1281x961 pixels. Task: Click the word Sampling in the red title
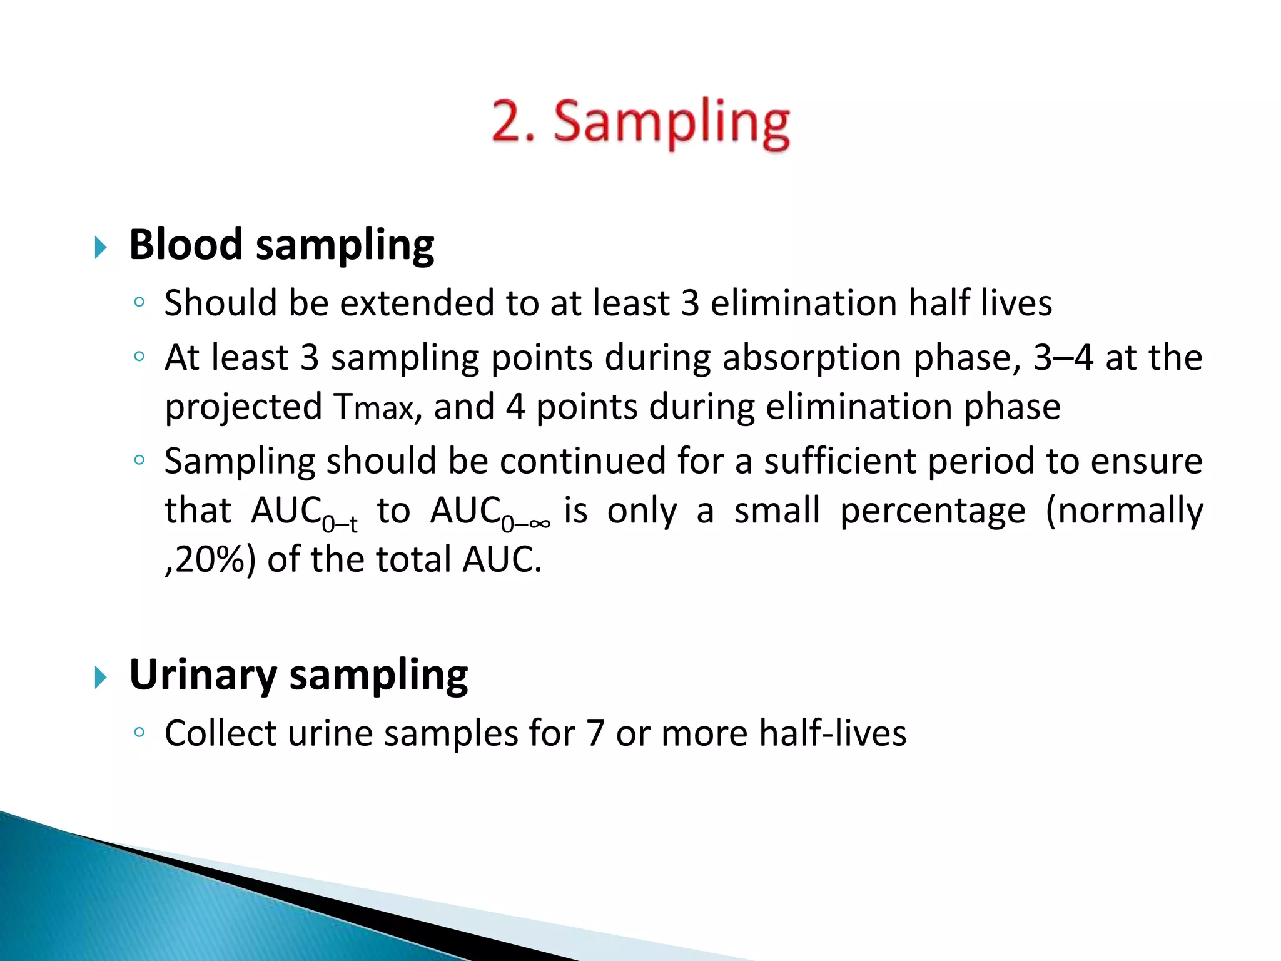pyautogui.click(x=672, y=123)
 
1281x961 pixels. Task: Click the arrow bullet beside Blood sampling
pyautogui.click(x=101, y=247)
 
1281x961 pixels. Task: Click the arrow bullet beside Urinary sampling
pyautogui.click(x=101, y=677)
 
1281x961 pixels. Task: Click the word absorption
pyautogui.click(x=813, y=358)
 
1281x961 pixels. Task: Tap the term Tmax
pyautogui.click(x=373, y=407)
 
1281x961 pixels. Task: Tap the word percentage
pyautogui.click(x=933, y=512)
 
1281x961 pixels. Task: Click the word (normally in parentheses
pyautogui.click(x=1124, y=511)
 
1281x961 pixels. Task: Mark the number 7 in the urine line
pyautogui.click(x=595, y=733)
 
